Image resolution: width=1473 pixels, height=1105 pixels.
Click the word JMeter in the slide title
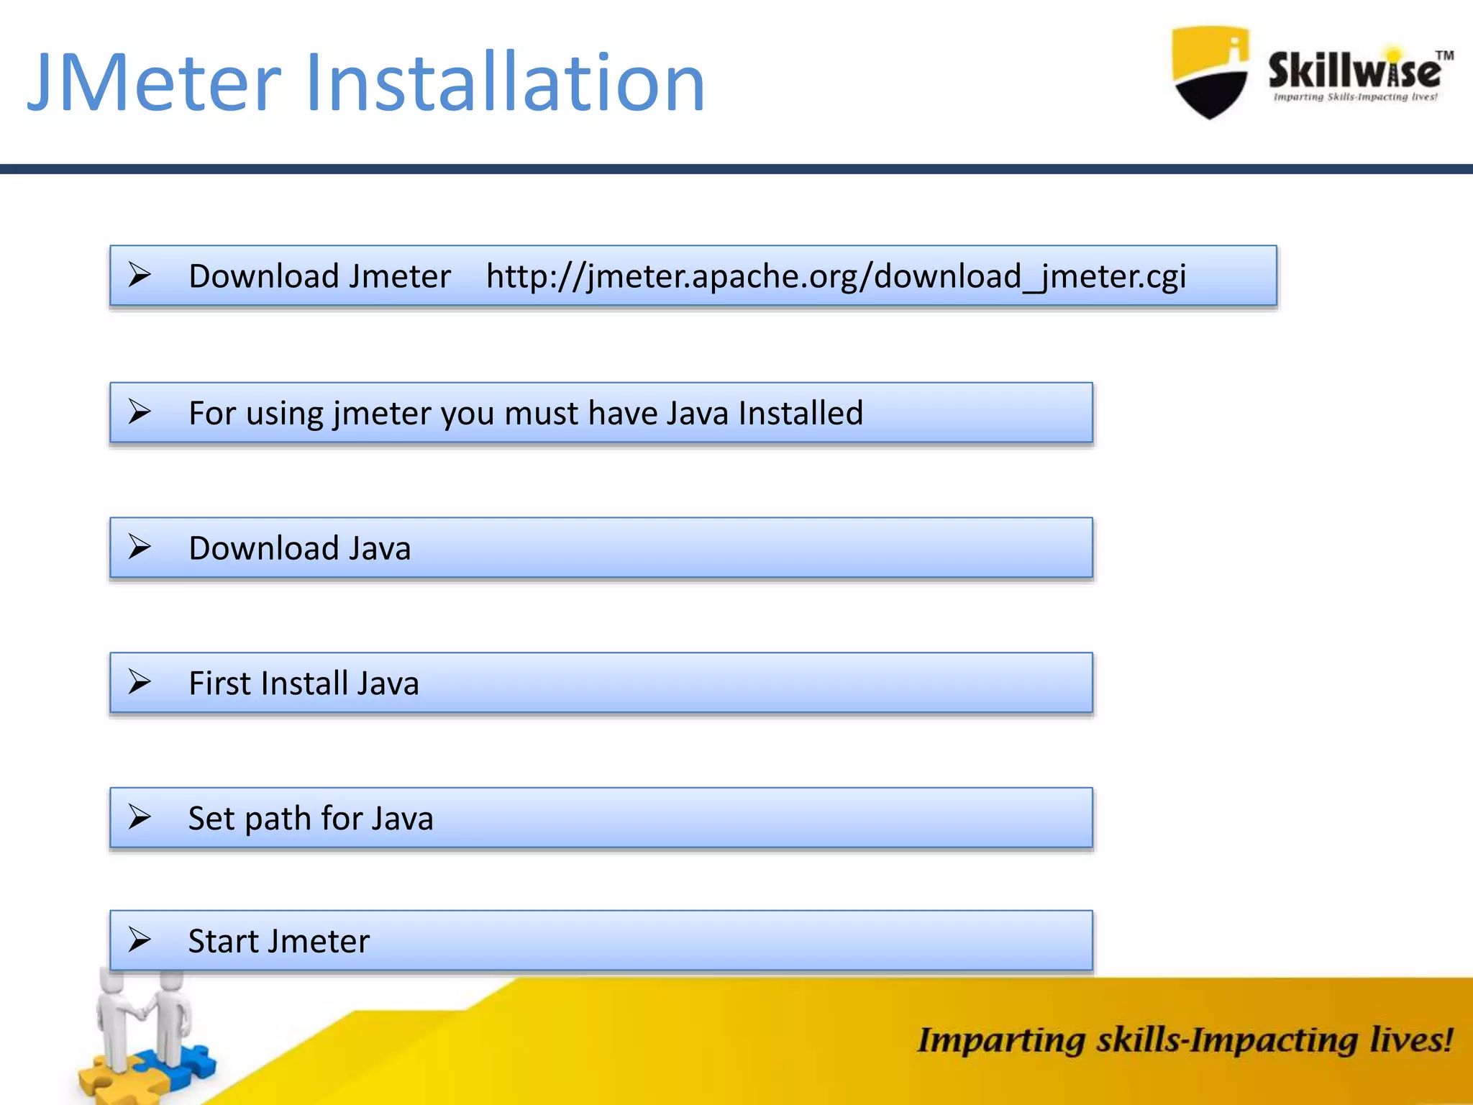(155, 83)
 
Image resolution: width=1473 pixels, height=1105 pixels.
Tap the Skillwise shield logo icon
(1210, 72)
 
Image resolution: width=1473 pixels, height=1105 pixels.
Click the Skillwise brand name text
(1354, 72)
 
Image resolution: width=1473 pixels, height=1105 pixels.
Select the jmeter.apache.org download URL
(836, 276)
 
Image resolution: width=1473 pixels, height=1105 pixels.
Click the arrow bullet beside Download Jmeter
(140, 275)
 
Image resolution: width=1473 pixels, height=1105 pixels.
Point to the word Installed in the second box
(801, 413)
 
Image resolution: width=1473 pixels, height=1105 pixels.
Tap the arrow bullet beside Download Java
(140, 547)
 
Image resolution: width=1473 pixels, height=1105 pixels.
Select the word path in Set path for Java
(277, 819)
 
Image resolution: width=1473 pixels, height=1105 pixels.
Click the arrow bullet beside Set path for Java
(140, 817)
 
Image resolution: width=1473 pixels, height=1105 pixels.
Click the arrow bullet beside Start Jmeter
(140, 940)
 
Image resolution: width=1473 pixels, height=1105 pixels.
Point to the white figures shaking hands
(144, 1014)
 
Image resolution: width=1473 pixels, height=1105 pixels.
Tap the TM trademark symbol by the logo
(1444, 55)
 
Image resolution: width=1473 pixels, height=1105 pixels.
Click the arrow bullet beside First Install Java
(140, 682)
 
